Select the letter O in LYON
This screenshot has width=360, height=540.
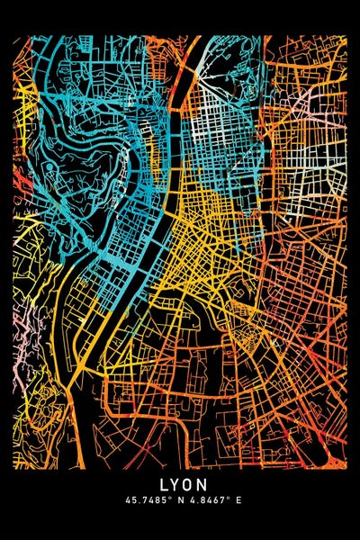point(186,484)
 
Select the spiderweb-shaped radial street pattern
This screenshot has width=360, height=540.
point(241,337)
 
